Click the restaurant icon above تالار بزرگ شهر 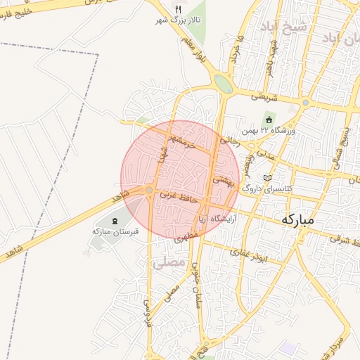[178, 10]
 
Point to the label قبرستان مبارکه [116, 231]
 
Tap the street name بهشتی [223, 179]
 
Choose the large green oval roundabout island [223, 84]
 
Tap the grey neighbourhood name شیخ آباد [295, 28]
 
